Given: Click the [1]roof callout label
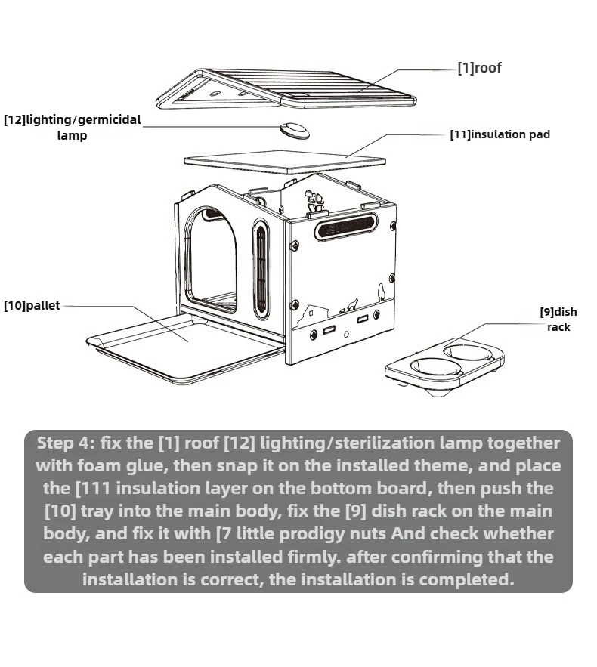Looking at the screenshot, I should pyautogui.click(x=479, y=68).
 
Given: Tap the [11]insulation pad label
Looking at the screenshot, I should pyautogui.click(x=500, y=134).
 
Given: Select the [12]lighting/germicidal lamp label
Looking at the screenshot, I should pyautogui.click(x=72, y=127).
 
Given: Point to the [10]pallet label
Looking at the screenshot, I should pyautogui.click(x=31, y=306).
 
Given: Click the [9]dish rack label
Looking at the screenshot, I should pyautogui.click(x=558, y=319).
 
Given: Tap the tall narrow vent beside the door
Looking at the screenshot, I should pyautogui.click(x=261, y=268).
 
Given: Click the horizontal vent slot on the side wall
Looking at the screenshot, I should pyautogui.click(x=347, y=225).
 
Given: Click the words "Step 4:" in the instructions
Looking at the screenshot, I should pyautogui.click(x=65, y=443).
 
